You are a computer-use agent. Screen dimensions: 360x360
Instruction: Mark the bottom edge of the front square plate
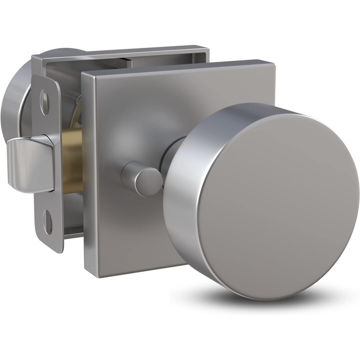133,267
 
